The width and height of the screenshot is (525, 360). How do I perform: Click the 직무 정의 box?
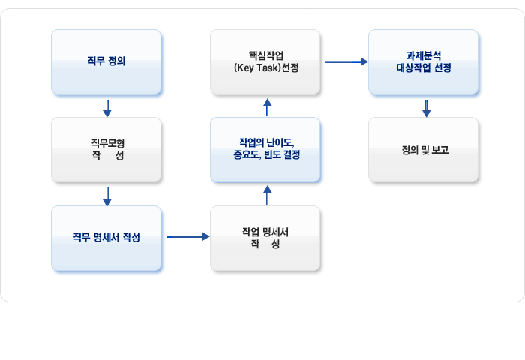pyautogui.click(x=106, y=62)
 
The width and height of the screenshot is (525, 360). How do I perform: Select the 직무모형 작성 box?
pyautogui.click(x=106, y=150)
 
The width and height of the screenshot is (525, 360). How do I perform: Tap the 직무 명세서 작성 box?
pyautogui.click(x=106, y=238)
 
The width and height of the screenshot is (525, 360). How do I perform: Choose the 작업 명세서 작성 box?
pyautogui.click(x=265, y=238)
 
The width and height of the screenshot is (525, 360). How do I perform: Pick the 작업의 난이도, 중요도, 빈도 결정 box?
pyautogui.click(x=265, y=150)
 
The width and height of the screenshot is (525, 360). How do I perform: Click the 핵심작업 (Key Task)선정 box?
pyautogui.click(x=265, y=62)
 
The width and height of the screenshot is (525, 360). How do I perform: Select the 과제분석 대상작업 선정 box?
pyautogui.click(x=423, y=62)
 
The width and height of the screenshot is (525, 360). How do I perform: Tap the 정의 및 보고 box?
pyautogui.click(x=423, y=150)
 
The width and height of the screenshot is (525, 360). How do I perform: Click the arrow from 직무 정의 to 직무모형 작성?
pyautogui.click(x=107, y=108)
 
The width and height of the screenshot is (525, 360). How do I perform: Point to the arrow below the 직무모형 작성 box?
pyautogui.click(x=107, y=197)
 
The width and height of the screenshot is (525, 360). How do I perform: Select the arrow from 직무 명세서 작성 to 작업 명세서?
pyautogui.click(x=187, y=237)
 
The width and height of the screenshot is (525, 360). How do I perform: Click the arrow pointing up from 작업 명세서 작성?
pyautogui.click(x=267, y=195)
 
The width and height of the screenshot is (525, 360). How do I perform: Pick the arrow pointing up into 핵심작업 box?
pyautogui.click(x=267, y=107)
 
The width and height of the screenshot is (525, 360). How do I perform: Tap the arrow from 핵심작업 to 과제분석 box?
pyautogui.click(x=346, y=61)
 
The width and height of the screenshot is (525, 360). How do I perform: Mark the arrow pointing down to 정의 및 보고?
pyautogui.click(x=426, y=108)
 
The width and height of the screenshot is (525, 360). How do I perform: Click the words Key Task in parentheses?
pyautogui.click(x=257, y=68)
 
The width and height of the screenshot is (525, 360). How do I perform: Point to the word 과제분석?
pyautogui.click(x=424, y=55)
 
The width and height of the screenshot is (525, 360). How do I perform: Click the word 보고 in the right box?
pyautogui.click(x=440, y=150)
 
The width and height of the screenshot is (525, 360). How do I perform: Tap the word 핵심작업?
pyautogui.click(x=266, y=55)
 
